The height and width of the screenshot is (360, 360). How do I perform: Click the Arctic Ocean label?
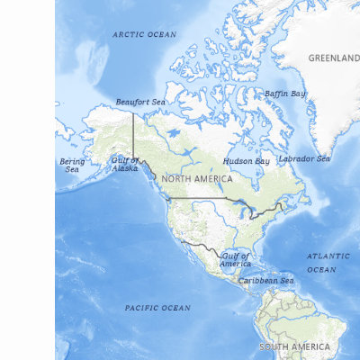(x=144, y=34)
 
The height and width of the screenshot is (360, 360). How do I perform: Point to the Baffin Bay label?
(x=285, y=94)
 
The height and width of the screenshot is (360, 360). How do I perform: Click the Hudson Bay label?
(x=246, y=161)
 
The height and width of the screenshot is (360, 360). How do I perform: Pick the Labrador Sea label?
(x=303, y=158)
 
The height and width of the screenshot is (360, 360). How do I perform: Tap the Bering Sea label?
(x=72, y=166)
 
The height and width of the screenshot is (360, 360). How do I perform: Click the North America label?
(x=196, y=179)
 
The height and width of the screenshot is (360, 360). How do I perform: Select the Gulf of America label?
(x=236, y=259)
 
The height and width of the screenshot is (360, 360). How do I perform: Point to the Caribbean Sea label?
(x=265, y=281)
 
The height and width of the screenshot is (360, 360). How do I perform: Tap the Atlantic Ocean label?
(x=321, y=263)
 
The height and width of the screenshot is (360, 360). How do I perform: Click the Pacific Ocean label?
(x=157, y=308)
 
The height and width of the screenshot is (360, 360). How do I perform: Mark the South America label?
(x=294, y=346)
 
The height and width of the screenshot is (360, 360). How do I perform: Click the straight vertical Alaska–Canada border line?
(x=134, y=135)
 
